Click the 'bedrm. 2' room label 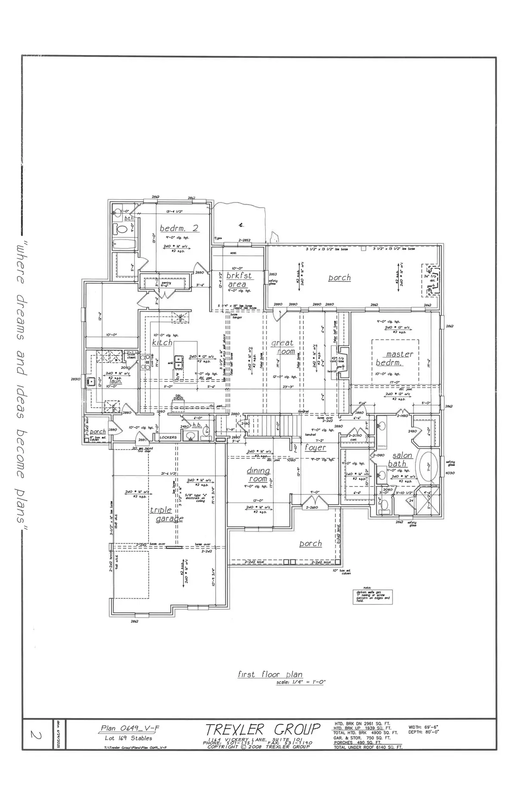click(179, 228)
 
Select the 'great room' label click(283, 347)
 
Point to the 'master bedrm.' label click(395, 358)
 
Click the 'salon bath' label click(400, 459)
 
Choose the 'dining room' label click(258, 475)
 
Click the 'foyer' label click(315, 448)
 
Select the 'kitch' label click(162, 343)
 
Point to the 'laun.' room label click(115, 381)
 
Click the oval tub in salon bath click(428, 466)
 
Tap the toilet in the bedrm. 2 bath click(121, 229)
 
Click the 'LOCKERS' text click(168, 437)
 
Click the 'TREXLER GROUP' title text click(263, 730)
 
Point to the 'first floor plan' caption click(270, 674)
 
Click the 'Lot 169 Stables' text click(129, 738)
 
